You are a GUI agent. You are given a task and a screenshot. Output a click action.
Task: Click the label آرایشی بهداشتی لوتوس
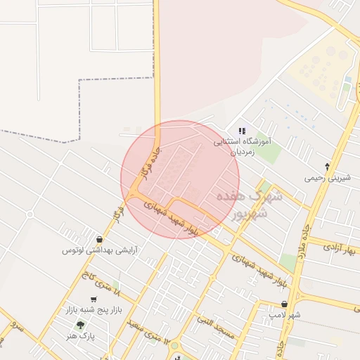click(x=100, y=250)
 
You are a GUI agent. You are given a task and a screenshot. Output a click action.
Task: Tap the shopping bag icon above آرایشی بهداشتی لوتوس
click(x=100, y=240)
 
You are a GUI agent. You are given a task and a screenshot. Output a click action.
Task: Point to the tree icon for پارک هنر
click(x=79, y=325)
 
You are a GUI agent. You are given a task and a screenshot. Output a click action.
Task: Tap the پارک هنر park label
click(x=82, y=336)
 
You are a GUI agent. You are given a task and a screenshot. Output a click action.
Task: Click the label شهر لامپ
click(x=285, y=315)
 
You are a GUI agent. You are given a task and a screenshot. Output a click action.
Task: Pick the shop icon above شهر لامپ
click(x=284, y=304)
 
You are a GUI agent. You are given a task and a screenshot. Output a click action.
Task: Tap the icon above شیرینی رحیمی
click(x=328, y=167)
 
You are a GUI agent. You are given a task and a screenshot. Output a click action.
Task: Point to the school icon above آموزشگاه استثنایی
click(x=242, y=131)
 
